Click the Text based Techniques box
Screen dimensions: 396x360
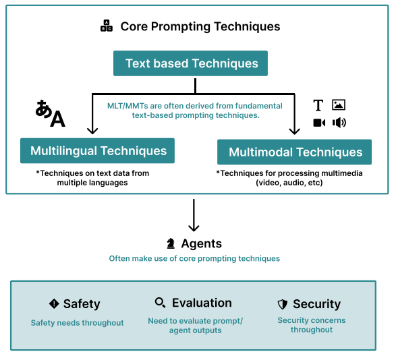pos(190,63)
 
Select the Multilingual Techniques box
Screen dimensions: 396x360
pos(98,151)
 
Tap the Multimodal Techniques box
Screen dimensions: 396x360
pos(295,152)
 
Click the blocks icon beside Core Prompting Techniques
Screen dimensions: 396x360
pos(107,26)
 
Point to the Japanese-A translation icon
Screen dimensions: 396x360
pos(51,113)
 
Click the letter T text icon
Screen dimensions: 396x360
pos(318,105)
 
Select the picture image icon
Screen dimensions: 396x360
pos(339,104)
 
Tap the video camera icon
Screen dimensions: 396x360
pos(319,123)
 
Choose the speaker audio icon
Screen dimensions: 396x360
pos(339,123)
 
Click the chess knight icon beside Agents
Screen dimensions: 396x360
pos(171,243)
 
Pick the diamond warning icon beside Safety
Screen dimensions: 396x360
pos(54,303)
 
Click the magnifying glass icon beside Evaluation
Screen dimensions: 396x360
pos(161,303)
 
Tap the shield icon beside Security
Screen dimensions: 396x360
pos(283,304)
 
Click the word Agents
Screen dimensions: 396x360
pos(202,244)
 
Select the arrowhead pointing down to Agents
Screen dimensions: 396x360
pos(194,228)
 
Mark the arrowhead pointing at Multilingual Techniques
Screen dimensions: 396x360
pos(92,131)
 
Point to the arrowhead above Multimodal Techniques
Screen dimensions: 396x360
pos(295,131)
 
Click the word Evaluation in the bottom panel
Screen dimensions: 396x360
pos(202,303)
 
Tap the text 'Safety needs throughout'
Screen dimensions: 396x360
pos(78,323)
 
